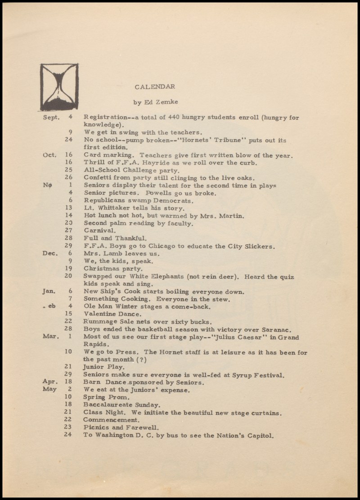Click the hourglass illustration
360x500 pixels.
(x=59, y=87)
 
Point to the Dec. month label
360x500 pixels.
(x=50, y=253)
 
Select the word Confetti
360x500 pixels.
(x=98, y=177)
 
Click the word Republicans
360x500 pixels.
(x=104, y=200)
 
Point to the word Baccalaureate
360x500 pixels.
(x=108, y=405)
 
